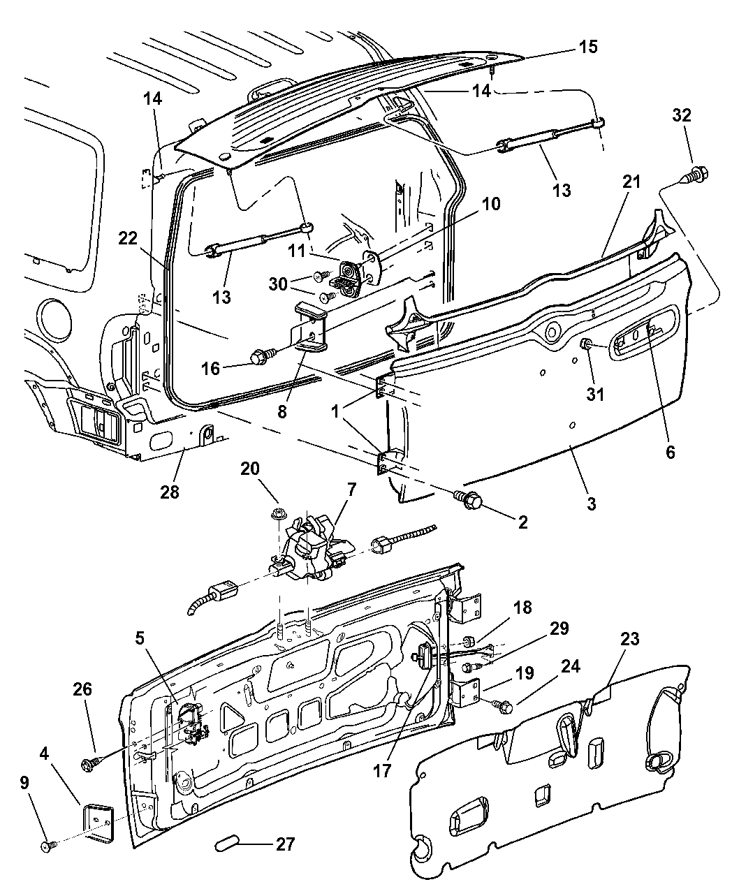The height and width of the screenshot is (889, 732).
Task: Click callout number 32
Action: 682,116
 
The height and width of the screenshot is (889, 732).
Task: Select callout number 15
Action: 587,47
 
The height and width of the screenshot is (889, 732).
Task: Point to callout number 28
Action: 170,492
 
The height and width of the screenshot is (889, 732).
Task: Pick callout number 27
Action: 284,844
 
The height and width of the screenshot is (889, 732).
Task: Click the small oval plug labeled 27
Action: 226,844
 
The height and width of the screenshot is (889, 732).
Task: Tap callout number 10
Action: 491,204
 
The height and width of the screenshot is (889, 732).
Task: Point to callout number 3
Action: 591,504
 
